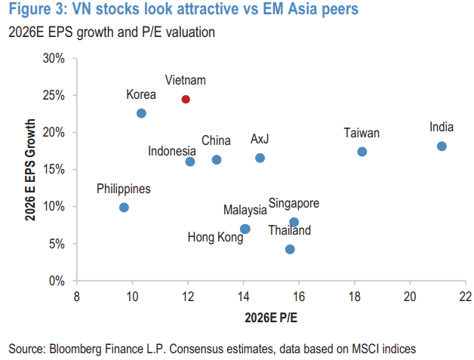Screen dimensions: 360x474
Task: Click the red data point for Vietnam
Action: pyautogui.click(x=186, y=100)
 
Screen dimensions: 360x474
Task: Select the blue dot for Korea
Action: pyautogui.click(x=141, y=113)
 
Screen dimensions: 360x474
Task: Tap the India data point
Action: pyautogui.click(x=442, y=146)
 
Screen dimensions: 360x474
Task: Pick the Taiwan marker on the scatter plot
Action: pyautogui.click(x=362, y=152)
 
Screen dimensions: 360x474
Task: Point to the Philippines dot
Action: pyautogui.click(x=124, y=208)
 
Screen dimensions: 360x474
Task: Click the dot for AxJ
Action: pyautogui.click(x=260, y=158)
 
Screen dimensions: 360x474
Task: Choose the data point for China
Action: pyautogui.click(x=217, y=159)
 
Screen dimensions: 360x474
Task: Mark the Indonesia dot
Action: pyautogui.click(x=190, y=162)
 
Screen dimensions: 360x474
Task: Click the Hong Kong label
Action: pyautogui.click(x=215, y=238)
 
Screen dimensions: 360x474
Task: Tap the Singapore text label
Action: pyautogui.click(x=294, y=203)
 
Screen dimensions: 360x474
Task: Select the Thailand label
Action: pyautogui.click(x=289, y=230)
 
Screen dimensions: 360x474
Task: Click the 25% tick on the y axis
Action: pyautogui.click(x=54, y=96)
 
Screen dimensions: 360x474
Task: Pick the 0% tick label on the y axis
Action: pyautogui.click(x=57, y=281)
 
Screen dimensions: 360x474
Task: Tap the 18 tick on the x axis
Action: pyautogui.click(x=354, y=296)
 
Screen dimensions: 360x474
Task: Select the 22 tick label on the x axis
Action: pyautogui.click(x=465, y=296)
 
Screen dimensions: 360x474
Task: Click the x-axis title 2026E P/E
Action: pyautogui.click(x=270, y=317)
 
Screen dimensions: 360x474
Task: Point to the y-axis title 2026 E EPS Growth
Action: pyautogui.click(x=31, y=170)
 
